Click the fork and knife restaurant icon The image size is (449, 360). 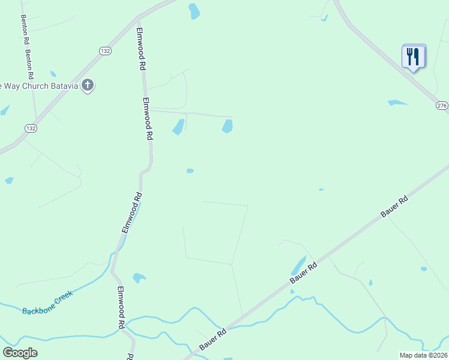pyautogui.click(x=413, y=56)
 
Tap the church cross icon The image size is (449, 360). pyautogui.click(x=88, y=85)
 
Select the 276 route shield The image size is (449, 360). pyautogui.click(x=442, y=106)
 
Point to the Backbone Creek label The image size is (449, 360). pyautogui.click(x=47, y=302)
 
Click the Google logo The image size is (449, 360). pyautogui.click(x=20, y=353)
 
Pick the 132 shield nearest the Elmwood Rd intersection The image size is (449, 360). pyautogui.click(x=106, y=51)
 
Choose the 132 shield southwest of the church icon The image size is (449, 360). pyautogui.click(x=31, y=128)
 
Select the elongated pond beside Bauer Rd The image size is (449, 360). pyautogui.click(x=298, y=265)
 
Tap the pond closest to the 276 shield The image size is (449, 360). pyautogui.click(x=397, y=103)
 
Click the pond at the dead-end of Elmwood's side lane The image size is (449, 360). pyautogui.click(x=228, y=126)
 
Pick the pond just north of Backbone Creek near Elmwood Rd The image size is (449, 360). pyautogui.click(x=139, y=278)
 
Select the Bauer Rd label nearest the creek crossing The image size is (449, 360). pyautogui.click(x=212, y=340)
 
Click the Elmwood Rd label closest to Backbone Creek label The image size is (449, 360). pyautogui.click(x=121, y=307)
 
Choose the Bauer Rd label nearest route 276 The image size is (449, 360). pyautogui.click(x=394, y=206)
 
